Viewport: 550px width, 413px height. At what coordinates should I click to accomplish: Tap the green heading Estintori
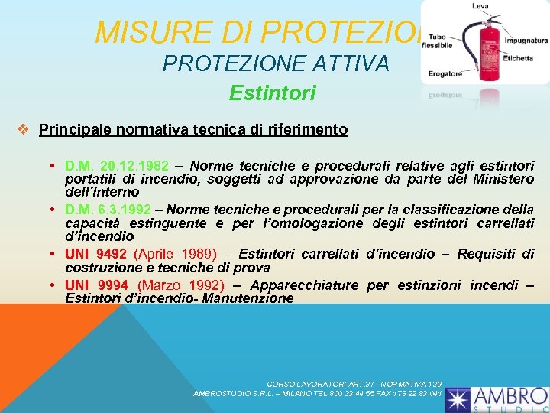click(x=272, y=93)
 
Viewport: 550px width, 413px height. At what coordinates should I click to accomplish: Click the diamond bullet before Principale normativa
click(x=24, y=129)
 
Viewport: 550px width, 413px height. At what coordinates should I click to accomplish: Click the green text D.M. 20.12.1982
click(x=117, y=166)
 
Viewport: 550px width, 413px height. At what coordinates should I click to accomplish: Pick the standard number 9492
click(x=111, y=254)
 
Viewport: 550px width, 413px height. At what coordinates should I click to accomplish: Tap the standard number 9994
click(x=112, y=285)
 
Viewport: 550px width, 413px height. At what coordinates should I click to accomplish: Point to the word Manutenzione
click(x=249, y=298)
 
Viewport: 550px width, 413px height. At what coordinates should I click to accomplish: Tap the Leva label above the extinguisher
click(x=480, y=6)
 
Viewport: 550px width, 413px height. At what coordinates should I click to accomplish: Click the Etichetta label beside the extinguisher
click(x=517, y=58)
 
